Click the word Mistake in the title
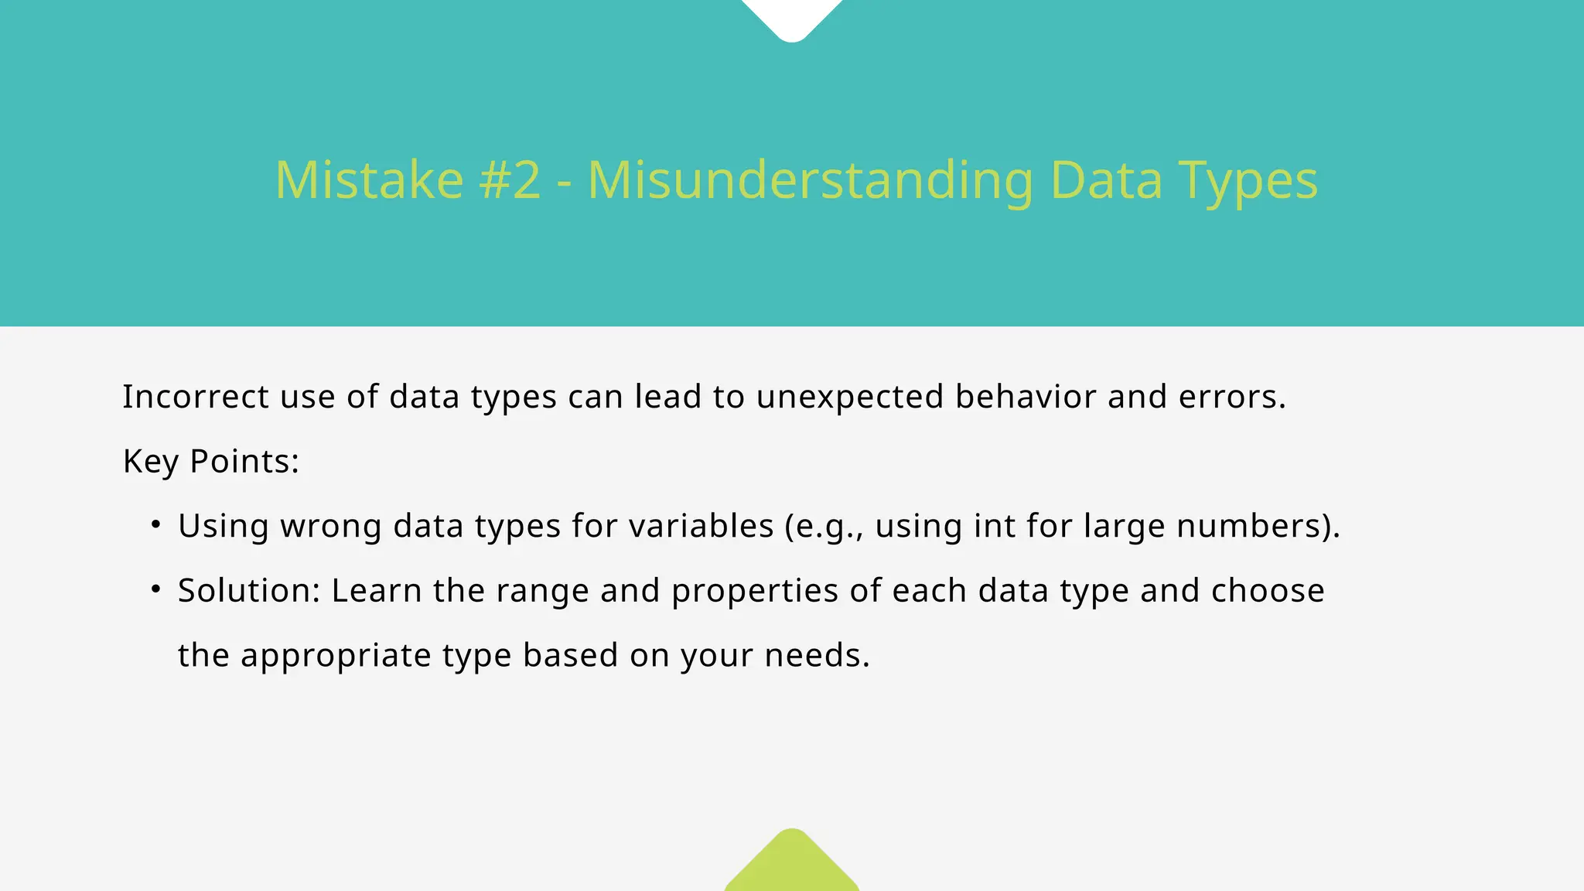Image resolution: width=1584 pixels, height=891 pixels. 369,180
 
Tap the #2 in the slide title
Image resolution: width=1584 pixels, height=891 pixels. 510,180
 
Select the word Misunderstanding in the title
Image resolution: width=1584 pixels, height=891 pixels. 810,180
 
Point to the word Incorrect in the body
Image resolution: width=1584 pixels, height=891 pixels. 196,397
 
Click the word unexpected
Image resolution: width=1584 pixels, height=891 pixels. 850,398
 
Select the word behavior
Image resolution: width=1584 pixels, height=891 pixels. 1026,397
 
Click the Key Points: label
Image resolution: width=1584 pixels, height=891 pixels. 211,462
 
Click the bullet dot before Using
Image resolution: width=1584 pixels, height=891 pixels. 156,525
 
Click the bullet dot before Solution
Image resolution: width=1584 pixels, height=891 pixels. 156,590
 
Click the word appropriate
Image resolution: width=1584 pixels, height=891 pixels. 336,656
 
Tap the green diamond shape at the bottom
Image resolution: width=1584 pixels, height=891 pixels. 792,862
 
